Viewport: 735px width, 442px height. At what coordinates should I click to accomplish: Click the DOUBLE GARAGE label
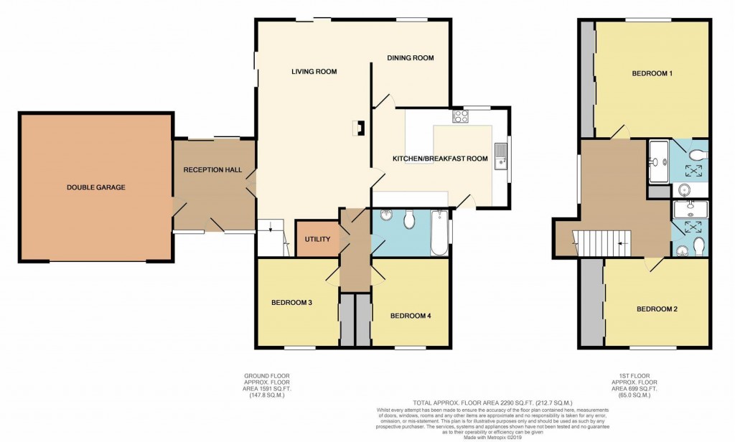95,187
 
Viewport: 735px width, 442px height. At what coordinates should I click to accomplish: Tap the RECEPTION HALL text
212,170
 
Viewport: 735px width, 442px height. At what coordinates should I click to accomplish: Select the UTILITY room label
317,239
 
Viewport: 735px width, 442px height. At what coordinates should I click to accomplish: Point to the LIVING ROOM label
314,72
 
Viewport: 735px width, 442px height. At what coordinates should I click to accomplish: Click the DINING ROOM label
410,58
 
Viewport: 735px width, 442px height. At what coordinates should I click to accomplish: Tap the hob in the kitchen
460,116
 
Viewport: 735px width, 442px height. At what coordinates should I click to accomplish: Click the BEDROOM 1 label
651,73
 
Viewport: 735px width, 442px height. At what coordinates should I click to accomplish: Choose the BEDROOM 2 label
656,309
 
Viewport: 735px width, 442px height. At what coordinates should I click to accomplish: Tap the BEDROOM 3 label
291,303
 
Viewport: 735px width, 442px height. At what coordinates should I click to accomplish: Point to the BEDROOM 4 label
410,316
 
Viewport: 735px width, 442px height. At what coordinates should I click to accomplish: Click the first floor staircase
603,243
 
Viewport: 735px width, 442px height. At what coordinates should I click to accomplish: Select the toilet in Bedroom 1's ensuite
695,154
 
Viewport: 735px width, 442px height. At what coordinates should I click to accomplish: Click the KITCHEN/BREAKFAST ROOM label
439,159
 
